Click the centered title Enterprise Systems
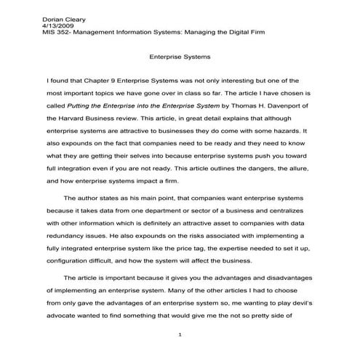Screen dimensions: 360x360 (x=179, y=55)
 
